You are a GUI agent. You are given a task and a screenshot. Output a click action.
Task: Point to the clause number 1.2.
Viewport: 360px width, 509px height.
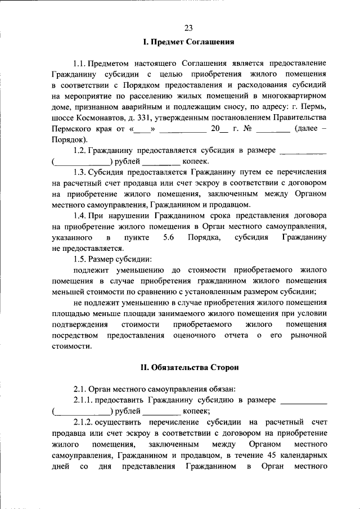point(82,150)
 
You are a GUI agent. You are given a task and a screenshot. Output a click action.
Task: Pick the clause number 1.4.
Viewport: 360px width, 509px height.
point(82,216)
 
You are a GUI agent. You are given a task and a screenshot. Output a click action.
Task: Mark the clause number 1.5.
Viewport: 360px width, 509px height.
point(82,259)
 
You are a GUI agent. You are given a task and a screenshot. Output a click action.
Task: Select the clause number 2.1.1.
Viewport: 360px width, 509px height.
point(85,400)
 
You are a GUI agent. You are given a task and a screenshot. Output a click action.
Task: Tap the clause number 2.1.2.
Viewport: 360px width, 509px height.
point(85,422)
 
